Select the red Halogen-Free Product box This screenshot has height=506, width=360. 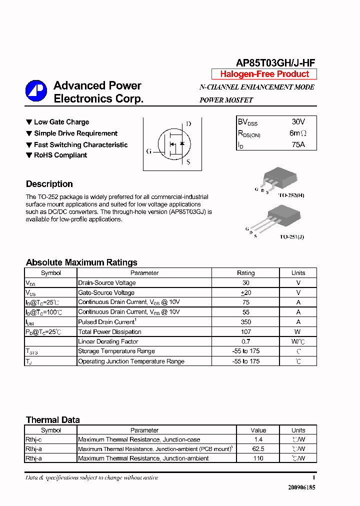[264, 74]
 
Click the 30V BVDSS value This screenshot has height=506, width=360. [298, 122]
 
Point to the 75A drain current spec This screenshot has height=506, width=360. [297, 145]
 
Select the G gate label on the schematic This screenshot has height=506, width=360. [149, 151]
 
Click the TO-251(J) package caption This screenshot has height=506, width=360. [291, 236]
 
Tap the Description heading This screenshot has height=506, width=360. [49, 184]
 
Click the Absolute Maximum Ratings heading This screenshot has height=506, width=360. [81, 262]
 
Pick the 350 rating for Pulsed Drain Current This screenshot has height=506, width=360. [245, 322]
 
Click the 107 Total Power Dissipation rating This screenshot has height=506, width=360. [245, 332]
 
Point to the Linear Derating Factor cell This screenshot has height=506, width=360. [108, 341]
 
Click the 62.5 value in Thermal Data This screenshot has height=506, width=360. [258, 449]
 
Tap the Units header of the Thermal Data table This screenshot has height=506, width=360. [298, 430]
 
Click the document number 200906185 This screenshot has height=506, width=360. [301, 487]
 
